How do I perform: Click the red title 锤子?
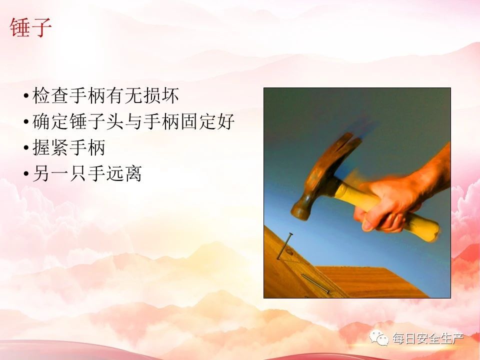click(x=30, y=27)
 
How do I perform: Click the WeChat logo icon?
click(x=379, y=338)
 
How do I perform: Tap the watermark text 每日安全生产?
click(x=428, y=338)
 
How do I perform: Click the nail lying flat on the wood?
click(x=315, y=283)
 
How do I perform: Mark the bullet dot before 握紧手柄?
click(x=26, y=148)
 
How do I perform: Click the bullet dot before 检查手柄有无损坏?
click(x=26, y=96)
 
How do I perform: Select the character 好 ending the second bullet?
click(x=225, y=121)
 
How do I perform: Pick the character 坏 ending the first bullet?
click(x=170, y=96)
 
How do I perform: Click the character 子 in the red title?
click(x=41, y=27)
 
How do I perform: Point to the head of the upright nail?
click(x=289, y=234)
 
